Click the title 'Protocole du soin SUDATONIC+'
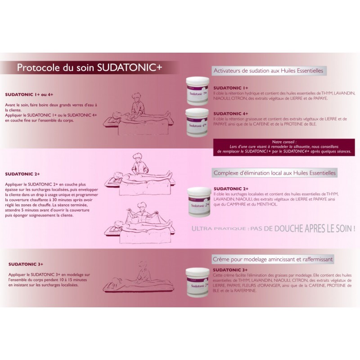click(90, 67)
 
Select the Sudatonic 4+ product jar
click(198, 122)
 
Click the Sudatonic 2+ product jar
click(199, 202)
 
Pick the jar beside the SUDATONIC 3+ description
click(197, 282)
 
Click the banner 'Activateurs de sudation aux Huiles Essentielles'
click(268, 71)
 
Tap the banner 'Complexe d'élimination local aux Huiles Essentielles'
click(274, 173)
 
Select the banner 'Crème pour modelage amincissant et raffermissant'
click(273, 260)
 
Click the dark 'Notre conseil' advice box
click(284, 147)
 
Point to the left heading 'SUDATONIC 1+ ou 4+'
click(29, 94)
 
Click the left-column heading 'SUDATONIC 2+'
click(22, 174)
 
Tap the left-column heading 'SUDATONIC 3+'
click(26, 264)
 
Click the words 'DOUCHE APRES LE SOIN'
click(314, 229)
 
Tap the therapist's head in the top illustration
click(138, 97)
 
